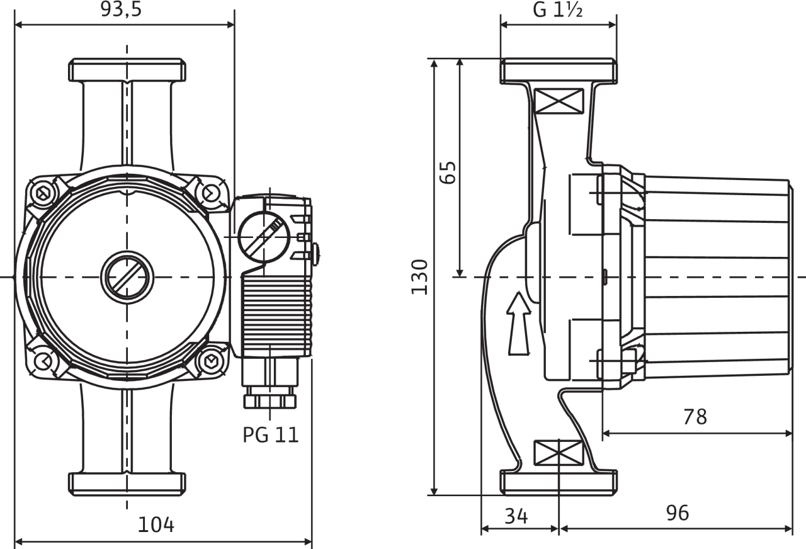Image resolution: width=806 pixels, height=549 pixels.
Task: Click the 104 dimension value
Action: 156,524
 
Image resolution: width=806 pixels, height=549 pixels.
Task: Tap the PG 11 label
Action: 271,434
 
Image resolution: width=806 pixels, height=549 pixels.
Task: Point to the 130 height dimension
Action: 420,277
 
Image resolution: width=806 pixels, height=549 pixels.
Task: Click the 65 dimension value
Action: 448,172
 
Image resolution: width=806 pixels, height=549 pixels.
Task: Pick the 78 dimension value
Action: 695,417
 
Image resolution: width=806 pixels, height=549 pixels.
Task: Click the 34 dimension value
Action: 516,516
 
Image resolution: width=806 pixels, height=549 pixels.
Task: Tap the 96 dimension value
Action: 678,513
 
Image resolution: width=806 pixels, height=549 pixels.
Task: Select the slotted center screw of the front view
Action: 127,277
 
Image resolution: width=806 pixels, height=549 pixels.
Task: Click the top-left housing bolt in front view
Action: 43,193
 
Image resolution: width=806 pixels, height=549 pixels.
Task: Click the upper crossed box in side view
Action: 557,101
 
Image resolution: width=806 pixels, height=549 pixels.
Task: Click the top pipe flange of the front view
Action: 127,71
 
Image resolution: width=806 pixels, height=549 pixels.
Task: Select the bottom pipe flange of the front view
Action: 127,483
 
